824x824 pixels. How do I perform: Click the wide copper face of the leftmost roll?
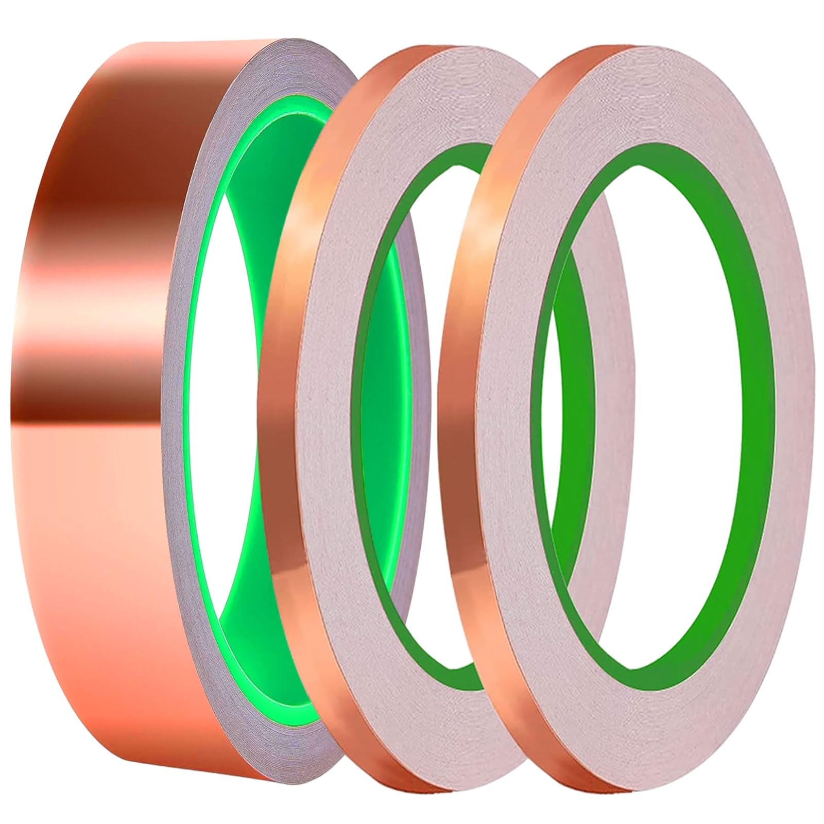point(93,463)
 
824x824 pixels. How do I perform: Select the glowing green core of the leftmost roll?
point(206,412)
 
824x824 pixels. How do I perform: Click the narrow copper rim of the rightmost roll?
point(453,412)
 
